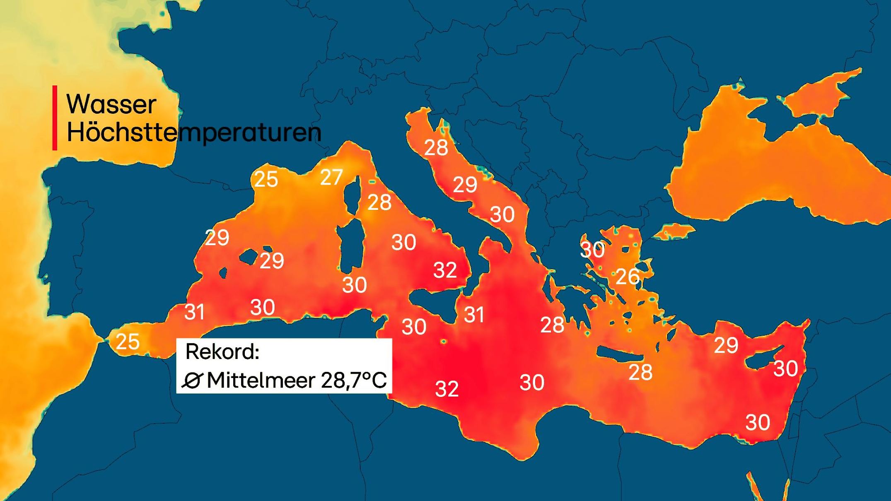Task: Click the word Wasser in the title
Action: pyautogui.click(x=111, y=104)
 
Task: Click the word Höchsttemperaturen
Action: pyautogui.click(x=194, y=132)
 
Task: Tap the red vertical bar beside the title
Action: pyautogui.click(x=55, y=118)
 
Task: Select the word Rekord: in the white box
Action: pyautogui.click(x=222, y=352)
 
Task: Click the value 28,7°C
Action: pyautogui.click(x=353, y=380)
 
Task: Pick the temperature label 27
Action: pyautogui.click(x=331, y=178)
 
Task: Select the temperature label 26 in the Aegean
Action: pyautogui.click(x=628, y=277)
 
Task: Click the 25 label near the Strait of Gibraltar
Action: pyautogui.click(x=128, y=342)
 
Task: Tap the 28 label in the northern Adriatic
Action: pyautogui.click(x=436, y=148)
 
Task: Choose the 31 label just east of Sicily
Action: pyautogui.click(x=474, y=315)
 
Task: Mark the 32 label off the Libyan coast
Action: pyautogui.click(x=447, y=389)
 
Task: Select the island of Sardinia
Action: pyautogui.click(x=351, y=244)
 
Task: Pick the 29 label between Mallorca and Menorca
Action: pyautogui.click(x=272, y=261)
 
